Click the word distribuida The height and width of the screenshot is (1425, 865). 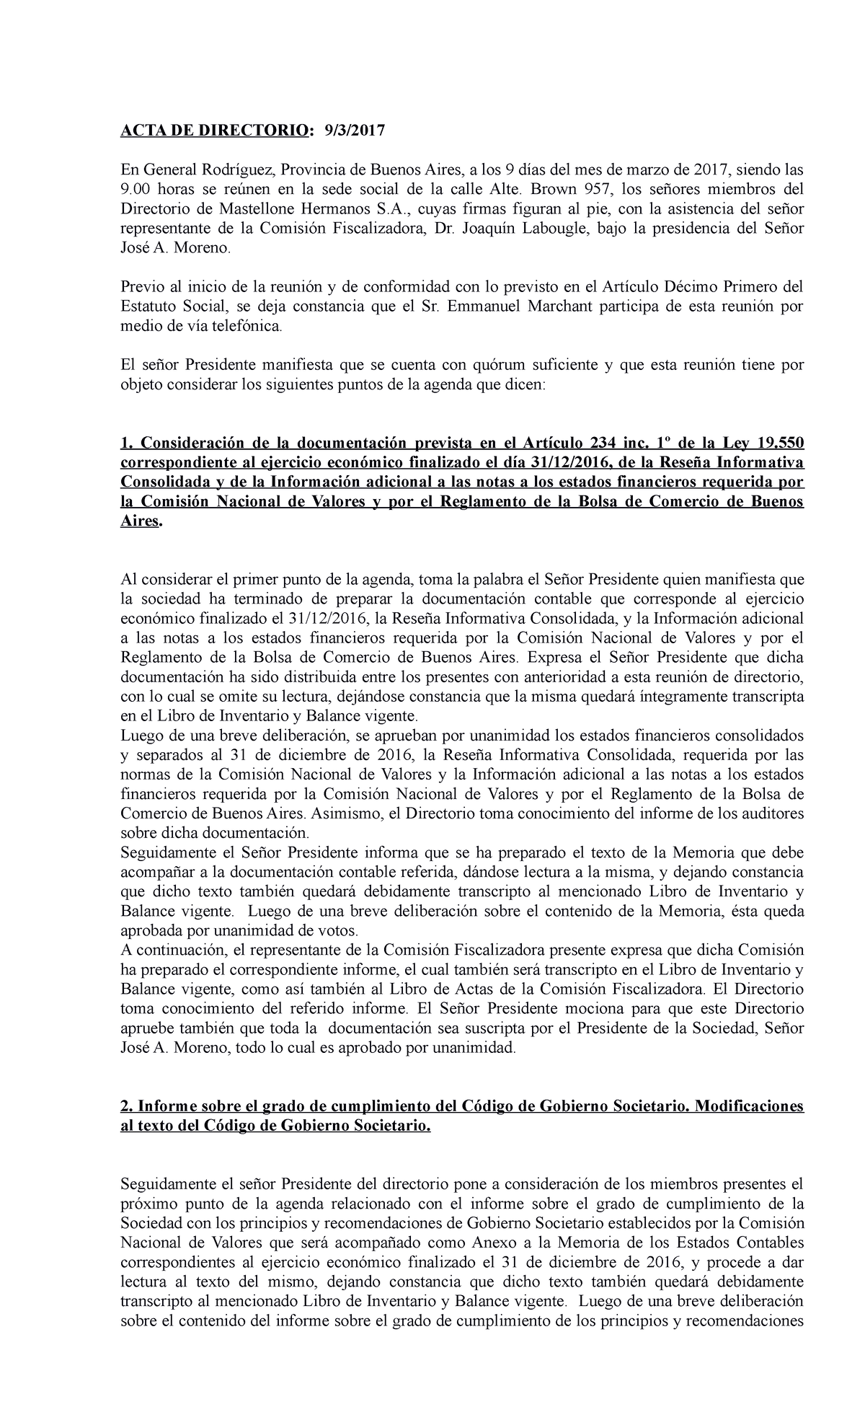303,678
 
